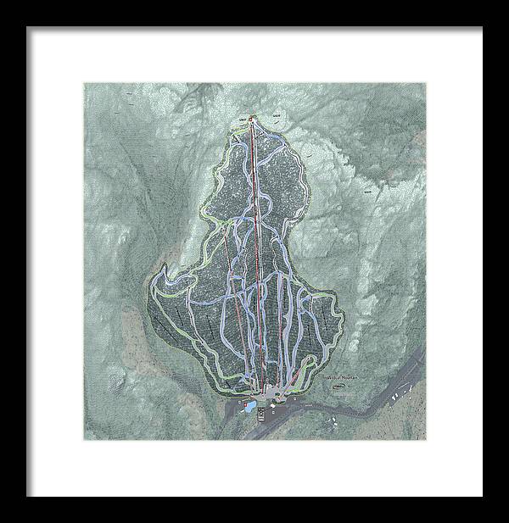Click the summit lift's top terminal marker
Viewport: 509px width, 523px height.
(252, 118)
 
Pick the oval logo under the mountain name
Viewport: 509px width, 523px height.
(338, 387)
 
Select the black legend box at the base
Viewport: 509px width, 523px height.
(262, 415)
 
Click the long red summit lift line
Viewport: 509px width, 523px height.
(257, 254)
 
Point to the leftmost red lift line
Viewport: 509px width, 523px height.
(241, 339)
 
